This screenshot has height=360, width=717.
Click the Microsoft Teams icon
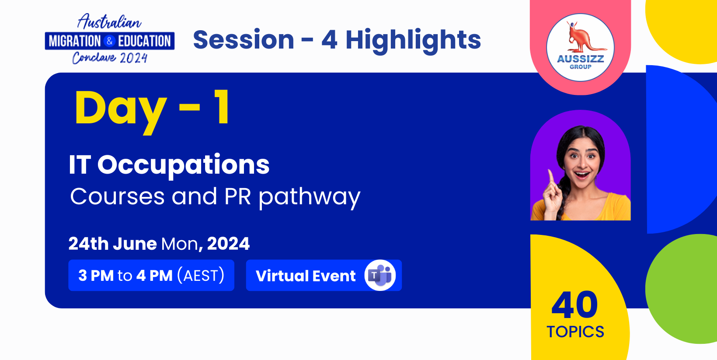click(380, 276)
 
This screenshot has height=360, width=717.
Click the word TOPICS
click(575, 332)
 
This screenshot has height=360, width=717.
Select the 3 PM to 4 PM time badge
click(151, 276)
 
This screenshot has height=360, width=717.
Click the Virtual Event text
click(306, 276)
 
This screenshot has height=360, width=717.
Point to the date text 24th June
click(113, 244)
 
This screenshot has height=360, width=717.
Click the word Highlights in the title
click(413, 41)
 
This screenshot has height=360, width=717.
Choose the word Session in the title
click(244, 40)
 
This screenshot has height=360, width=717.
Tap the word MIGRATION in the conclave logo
click(75, 41)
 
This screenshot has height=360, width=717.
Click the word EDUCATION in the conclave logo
click(144, 41)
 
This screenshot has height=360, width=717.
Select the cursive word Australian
click(109, 22)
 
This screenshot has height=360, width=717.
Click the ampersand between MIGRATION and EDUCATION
click(109, 41)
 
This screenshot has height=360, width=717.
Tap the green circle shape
click(681, 289)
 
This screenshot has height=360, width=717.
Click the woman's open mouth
click(581, 175)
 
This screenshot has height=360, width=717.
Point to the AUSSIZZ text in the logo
click(581, 59)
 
